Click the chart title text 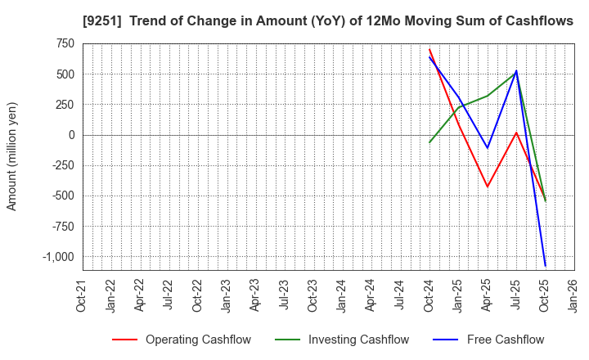click(327, 21)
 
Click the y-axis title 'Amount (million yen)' click(12, 156)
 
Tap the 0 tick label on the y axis click(71, 135)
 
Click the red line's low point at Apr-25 click(488, 187)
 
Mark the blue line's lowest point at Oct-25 click(545, 266)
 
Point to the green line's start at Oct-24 click(429, 142)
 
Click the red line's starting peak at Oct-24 click(429, 49)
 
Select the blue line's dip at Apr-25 click(488, 148)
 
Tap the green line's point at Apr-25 click(488, 96)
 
